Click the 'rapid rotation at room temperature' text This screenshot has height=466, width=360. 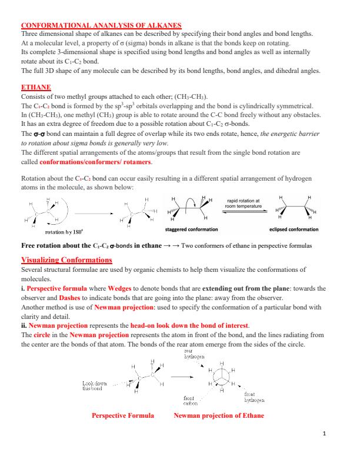click(246, 204)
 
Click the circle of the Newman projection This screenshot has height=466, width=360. click(221, 377)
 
